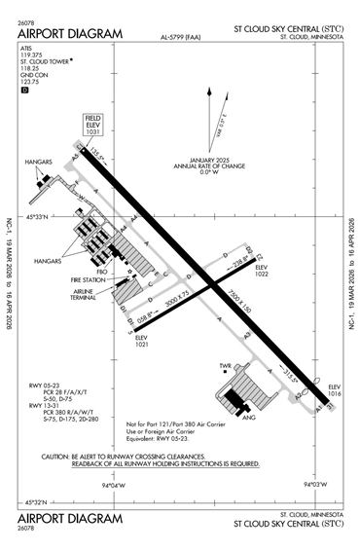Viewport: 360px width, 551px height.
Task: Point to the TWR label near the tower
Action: pos(225,367)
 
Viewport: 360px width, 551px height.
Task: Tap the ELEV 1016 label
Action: pos(335,389)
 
